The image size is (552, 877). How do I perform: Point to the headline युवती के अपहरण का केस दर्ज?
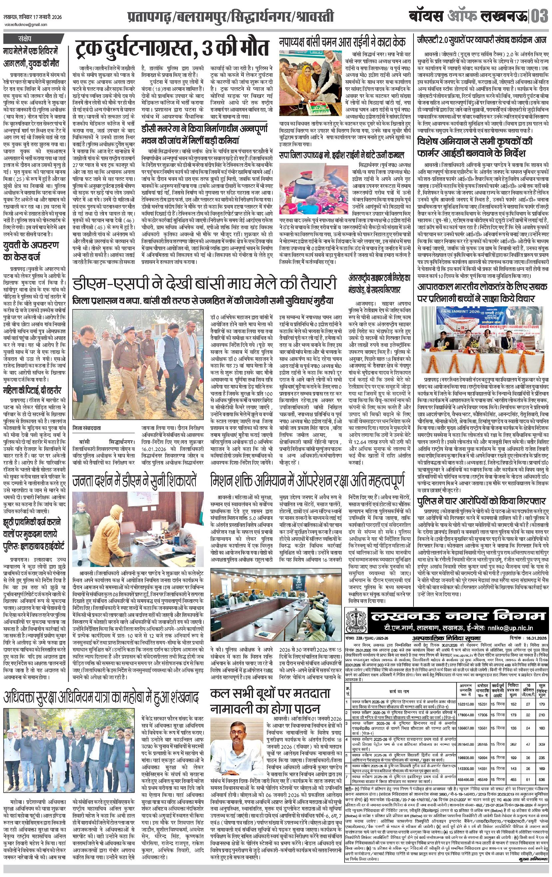click(31, 251)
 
